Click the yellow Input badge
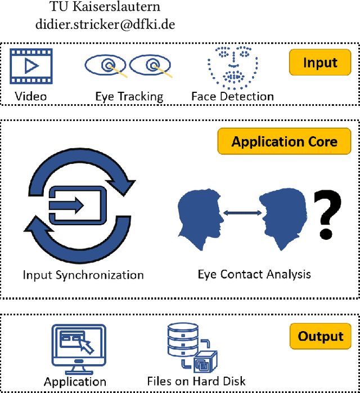[320, 62]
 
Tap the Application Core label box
[284, 141]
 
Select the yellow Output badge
[320, 336]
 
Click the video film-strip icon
[31, 66]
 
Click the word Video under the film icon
[31, 96]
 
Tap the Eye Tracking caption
[129, 96]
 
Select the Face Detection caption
[232, 96]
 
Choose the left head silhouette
[200, 220]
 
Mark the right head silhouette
[282, 220]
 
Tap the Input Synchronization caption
[83, 275]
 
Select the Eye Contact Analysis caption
[254, 275]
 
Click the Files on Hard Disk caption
[196, 381]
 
